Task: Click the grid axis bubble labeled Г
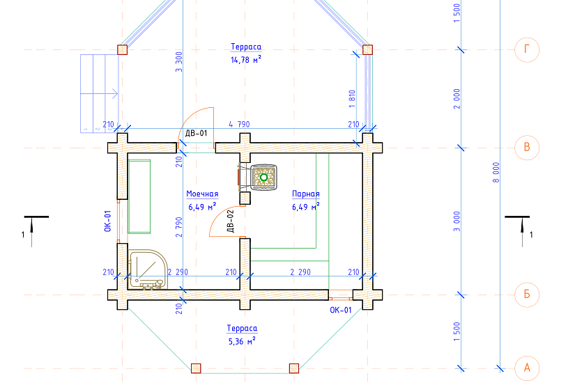coord(527,49)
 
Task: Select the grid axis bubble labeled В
coord(527,148)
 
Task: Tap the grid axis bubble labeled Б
coord(527,295)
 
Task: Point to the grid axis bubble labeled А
coord(527,368)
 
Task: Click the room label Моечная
coord(202,194)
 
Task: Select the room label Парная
coord(306,194)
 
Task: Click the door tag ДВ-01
coord(196,133)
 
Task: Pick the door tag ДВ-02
coord(230,221)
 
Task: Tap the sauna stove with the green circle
coord(263,178)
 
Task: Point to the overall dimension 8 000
coord(496,173)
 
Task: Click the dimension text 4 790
coord(239,124)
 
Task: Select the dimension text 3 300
coord(178,62)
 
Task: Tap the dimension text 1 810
coord(352,99)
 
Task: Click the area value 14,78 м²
coord(246,60)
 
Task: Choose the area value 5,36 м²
coord(242,341)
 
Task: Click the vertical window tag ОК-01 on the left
coord(107,221)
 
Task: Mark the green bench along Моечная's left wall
coord(139,196)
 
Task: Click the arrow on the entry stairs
coord(99,94)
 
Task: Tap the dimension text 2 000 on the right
coord(457,99)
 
